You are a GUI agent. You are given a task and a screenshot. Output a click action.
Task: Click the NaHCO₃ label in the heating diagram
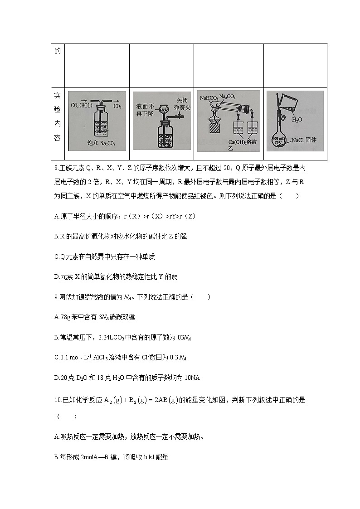coord(208,97)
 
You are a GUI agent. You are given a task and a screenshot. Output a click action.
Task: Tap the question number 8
coord(56,169)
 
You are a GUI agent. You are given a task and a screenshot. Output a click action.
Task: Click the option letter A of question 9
coord(56,316)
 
